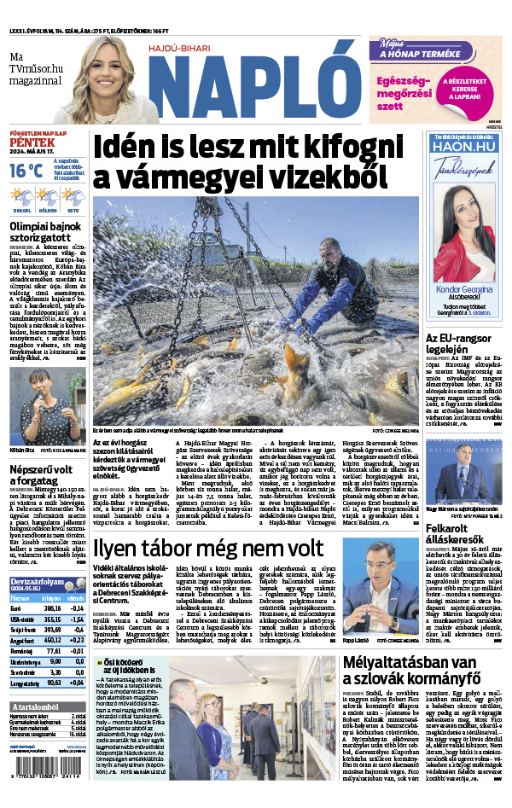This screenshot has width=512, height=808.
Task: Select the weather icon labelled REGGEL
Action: click(x=22, y=198)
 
